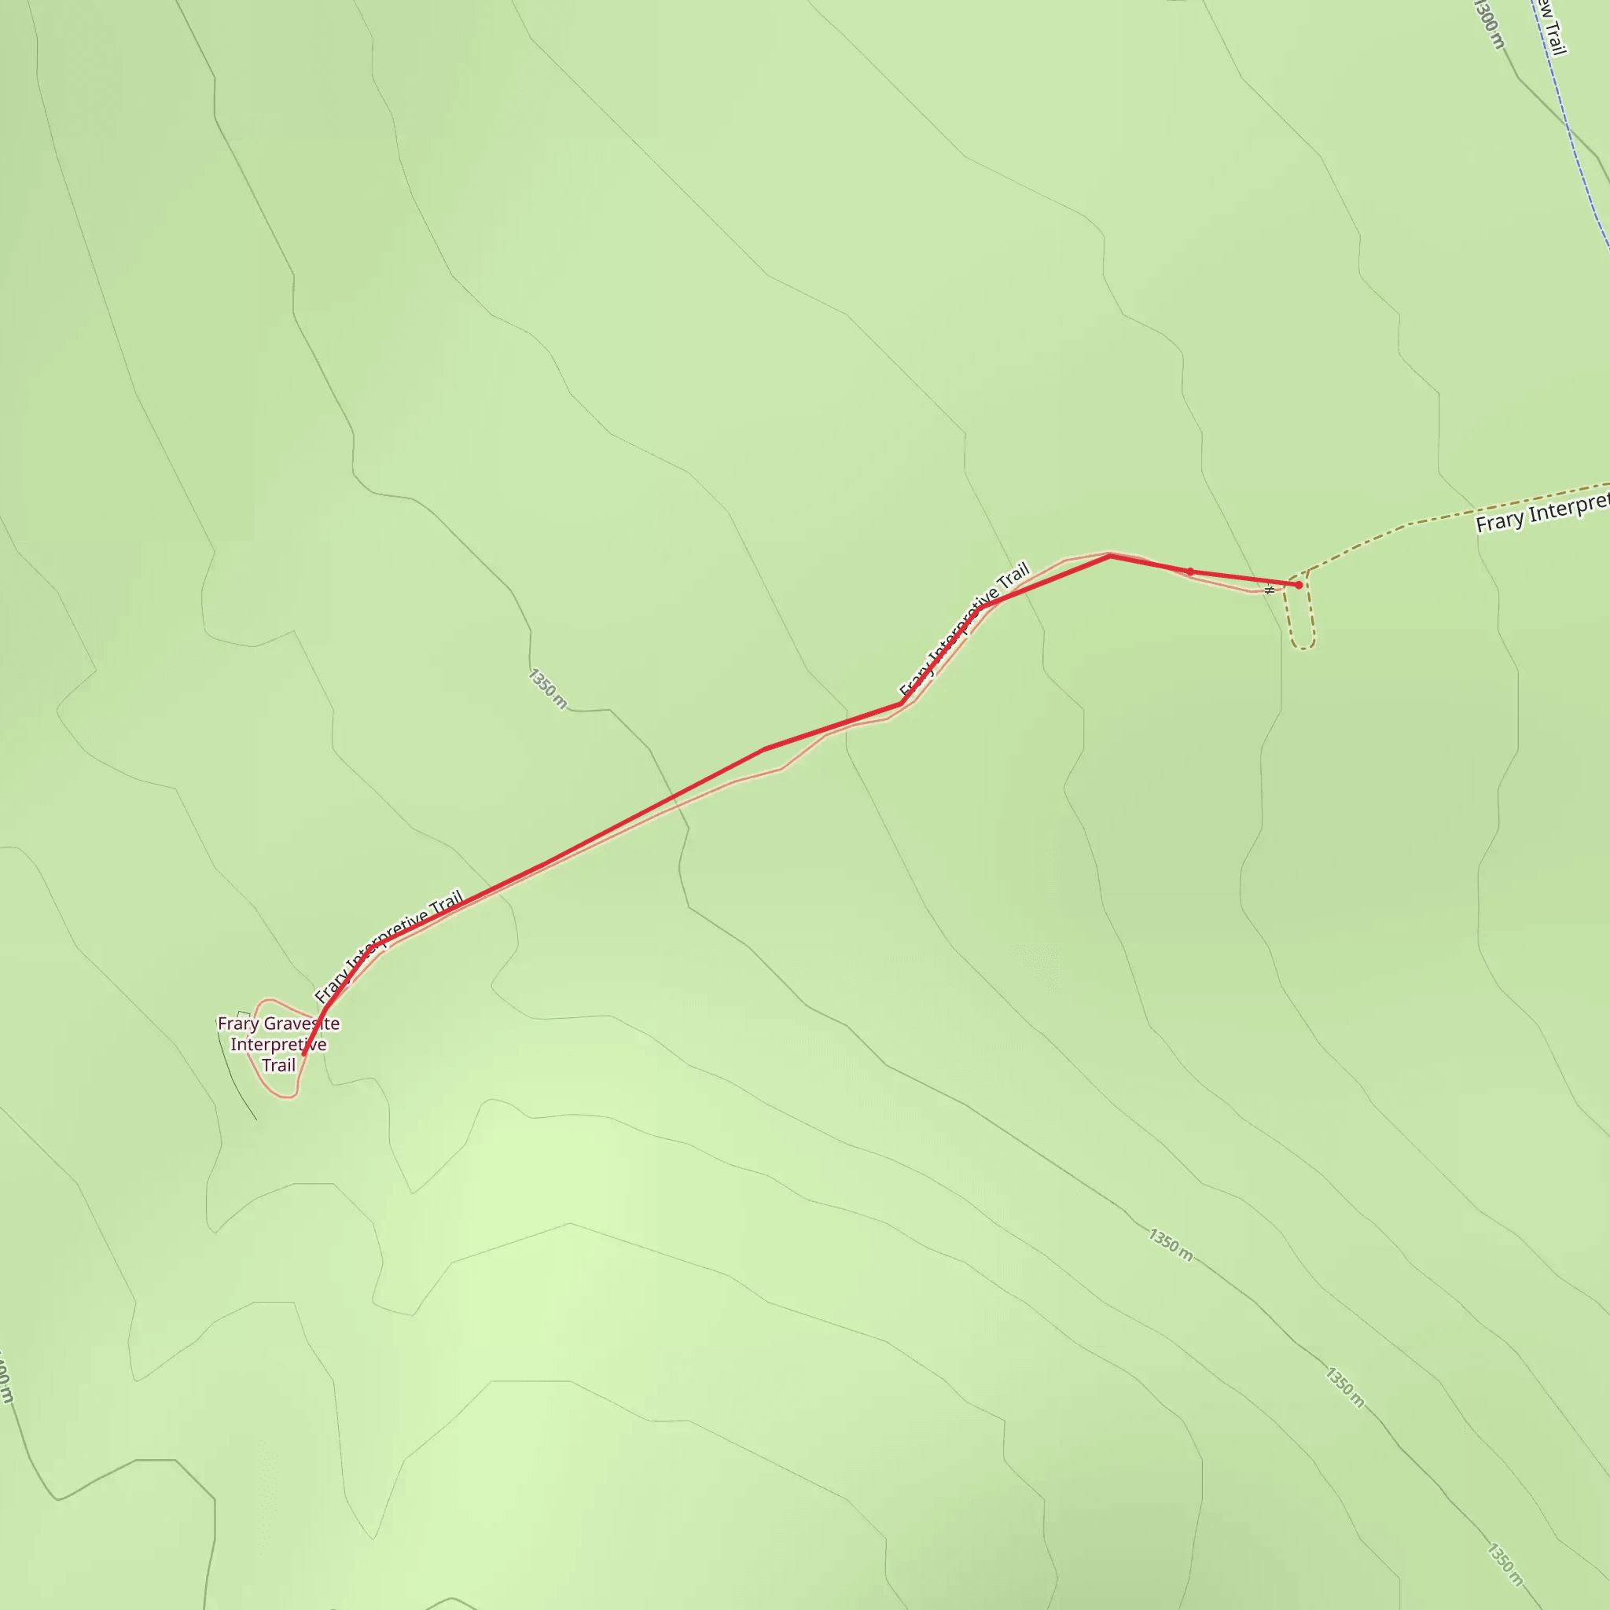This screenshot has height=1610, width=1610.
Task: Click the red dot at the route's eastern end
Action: pyautogui.click(x=1299, y=585)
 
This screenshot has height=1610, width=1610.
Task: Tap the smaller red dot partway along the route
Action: pyautogui.click(x=1190, y=572)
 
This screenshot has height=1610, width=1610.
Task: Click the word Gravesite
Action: pyautogui.click(x=297, y=1024)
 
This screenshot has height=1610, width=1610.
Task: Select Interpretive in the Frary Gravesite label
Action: pyautogui.click(x=278, y=1044)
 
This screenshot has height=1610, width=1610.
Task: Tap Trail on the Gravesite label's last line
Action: pyautogui.click(x=278, y=1065)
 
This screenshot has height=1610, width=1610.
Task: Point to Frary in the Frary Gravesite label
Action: pyautogui.click(x=237, y=1024)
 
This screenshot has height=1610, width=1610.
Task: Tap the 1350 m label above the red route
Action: pyautogui.click(x=547, y=689)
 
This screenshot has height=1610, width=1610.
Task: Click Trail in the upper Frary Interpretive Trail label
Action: pyautogui.click(x=1013, y=580)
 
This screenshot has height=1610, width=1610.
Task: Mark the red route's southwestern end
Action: pyautogui.click(x=303, y=1054)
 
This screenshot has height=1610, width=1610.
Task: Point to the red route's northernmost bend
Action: pyautogui.click(x=1110, y=556)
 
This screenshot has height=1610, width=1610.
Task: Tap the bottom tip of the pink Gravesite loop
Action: pyautogui.click(x=289, y=1097)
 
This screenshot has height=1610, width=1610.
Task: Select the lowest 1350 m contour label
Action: pyautogui.click(x=1504, y=1565)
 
